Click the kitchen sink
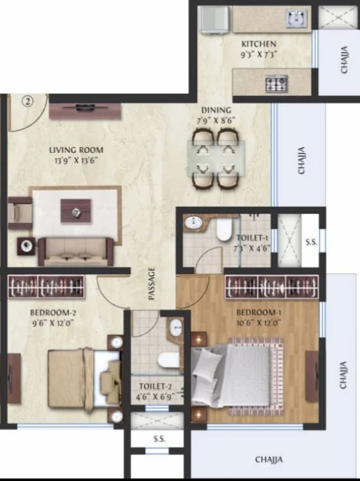click(x=296, y=18)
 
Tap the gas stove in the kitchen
click(x=277, y=83)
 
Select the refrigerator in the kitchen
click(x=215, y=19)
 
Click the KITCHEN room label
click(x=259, y=44)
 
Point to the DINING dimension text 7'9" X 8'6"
click(x=216, y=121)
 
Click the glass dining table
click(x=216, y=158)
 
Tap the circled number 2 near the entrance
click(x=27, y=101)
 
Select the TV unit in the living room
click(x=85, y=111)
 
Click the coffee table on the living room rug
click(x=76, y=211)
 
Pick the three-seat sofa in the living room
click(x=75, y=252)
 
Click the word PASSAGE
click(x=152, y=283)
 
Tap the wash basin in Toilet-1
click(x=193, y=222)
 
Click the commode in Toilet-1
click(x=223, y=230)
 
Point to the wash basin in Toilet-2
click(x=176, y=327)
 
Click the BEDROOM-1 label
click(x=259, y=313)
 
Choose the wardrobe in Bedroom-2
click(x=47, y=287)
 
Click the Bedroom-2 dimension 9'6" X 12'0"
click(x=53, y=323)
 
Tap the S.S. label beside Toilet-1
click(x=312, y=242)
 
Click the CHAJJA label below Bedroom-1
click(x=269, y=459)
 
